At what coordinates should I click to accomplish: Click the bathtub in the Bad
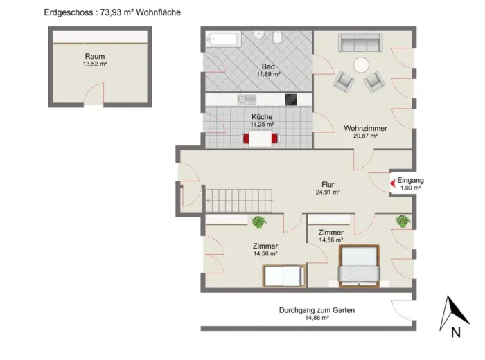click(x=223, y=39)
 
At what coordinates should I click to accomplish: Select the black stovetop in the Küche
click(x=291, y=100)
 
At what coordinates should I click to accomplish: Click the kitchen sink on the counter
click(x=247, y=100)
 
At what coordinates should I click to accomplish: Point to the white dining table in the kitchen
click(x=261, y=138)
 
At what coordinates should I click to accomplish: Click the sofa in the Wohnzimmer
click(x=360, y=42)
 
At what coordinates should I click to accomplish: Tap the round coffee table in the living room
click(x=361, y=65)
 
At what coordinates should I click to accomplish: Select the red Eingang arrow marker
click(x=393, y=183)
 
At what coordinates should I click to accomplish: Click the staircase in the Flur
click(x=239, y=201)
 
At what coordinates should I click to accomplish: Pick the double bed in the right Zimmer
click(x=359, y=266)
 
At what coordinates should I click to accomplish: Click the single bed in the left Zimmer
click(x=284, y=276)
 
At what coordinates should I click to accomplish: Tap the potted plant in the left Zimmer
click(x=259, y=222)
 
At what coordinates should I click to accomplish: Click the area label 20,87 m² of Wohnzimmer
click(x=365, y=136)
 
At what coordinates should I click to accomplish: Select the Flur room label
click(x=328, y=184)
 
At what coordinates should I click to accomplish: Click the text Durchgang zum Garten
click(x=317, y=310)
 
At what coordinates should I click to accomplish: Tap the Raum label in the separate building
click(x=95, y=57)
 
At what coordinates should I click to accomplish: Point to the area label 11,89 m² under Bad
click(x=268, y=74)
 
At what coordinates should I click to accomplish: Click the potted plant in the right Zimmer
click(x=403, y=222)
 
